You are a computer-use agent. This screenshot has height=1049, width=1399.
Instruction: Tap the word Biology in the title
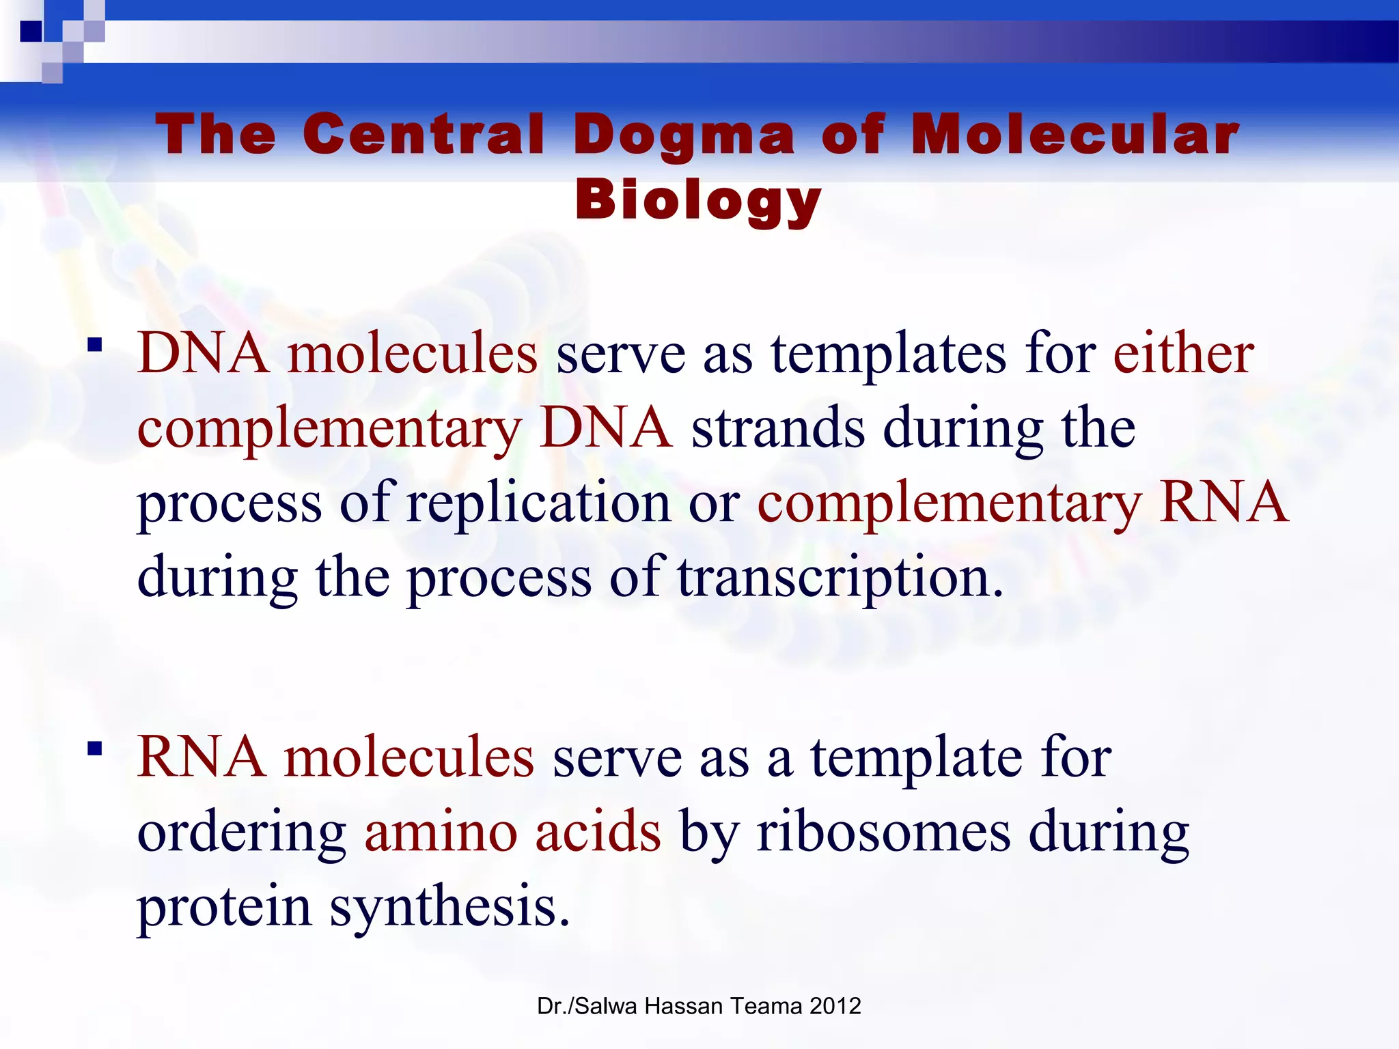pyautogui.click(x=698, y=200)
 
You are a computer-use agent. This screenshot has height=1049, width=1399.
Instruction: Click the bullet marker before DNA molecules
pyautogui.click(x=95, y=344)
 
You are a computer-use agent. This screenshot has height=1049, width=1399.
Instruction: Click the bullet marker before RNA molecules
pyautogui.click(x=95, y=749)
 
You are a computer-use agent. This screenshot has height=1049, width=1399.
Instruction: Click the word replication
pyautogui.click(x=539, y=502)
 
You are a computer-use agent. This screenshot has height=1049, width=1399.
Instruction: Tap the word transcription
pyautogui.click(x=840, y=578)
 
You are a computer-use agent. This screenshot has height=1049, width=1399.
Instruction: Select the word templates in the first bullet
pyautogui.click(x=889, y=355)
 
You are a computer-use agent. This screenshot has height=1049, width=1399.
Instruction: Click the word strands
pyautogui.click(x=778, y=428)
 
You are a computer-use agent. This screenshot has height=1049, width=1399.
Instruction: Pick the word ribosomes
pyautogui.click(x=883, y=833)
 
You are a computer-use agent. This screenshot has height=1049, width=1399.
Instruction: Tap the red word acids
pyautogui.click(x=598, y=833)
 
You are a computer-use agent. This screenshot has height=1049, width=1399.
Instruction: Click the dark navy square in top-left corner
pyautogui.click(x=31, y=31)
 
